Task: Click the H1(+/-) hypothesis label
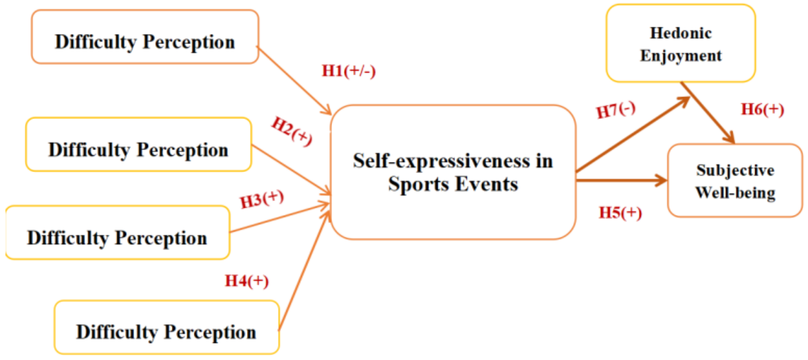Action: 349,71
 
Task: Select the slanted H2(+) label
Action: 292,131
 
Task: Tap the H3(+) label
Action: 262,199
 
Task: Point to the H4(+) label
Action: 247,281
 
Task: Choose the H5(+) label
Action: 620,213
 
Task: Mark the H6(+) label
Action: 762,109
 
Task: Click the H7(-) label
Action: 616,110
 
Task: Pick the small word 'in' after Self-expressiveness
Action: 544,161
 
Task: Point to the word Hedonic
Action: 681,33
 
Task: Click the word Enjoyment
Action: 681,56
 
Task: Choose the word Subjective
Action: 735,170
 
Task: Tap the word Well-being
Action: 735,193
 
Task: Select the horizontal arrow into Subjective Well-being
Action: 622,180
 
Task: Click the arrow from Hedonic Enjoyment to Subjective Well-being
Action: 707,112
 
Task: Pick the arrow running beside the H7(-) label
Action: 632,135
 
